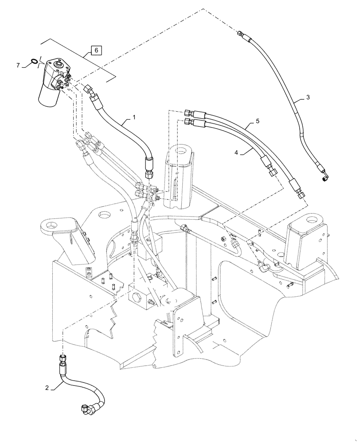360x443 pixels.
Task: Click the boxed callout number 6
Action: (96, 50)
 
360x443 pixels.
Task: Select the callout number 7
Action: (18, 66)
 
